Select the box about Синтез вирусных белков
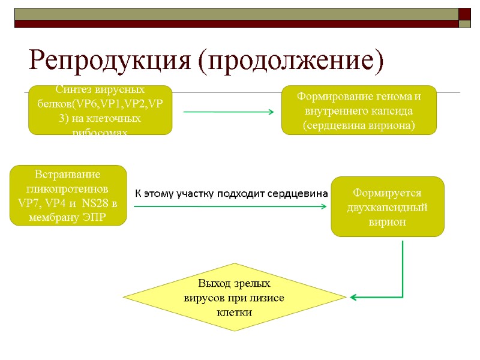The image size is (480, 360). click(100, 110)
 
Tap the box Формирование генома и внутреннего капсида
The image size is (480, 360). click(359, 110)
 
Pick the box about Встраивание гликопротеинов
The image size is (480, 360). click(68, 196)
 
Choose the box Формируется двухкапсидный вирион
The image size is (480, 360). click(388, 207)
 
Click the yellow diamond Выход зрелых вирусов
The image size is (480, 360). click(234, 298)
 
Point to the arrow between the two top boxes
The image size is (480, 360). click(228, 112)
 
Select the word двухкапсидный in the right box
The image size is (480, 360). click(388, 208)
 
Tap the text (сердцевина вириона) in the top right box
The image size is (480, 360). click(359, 125)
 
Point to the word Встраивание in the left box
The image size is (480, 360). click(68, 174)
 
